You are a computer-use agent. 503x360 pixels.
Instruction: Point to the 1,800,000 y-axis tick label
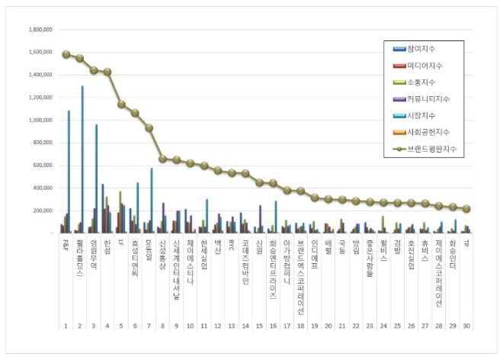click(40, 30)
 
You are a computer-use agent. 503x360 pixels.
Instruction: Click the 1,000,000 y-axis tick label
click(40, 120)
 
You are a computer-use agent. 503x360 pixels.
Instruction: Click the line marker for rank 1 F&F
click(66, 55)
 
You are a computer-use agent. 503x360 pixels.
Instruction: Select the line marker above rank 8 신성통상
click(162, 159)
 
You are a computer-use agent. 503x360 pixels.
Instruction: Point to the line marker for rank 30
click(466, 208)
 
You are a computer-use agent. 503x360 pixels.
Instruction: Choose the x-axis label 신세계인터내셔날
click(176, 270)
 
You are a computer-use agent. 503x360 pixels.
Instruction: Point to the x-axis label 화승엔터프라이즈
click(272, 272)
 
